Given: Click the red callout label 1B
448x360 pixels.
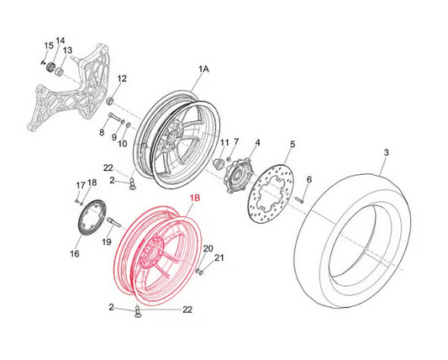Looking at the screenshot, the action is [196, 198].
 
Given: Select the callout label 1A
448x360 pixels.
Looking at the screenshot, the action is [203, 69].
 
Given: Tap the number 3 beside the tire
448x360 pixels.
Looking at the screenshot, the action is [386, 153].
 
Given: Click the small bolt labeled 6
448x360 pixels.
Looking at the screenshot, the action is [299, 199].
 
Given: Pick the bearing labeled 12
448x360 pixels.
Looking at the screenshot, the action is [110, 101].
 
